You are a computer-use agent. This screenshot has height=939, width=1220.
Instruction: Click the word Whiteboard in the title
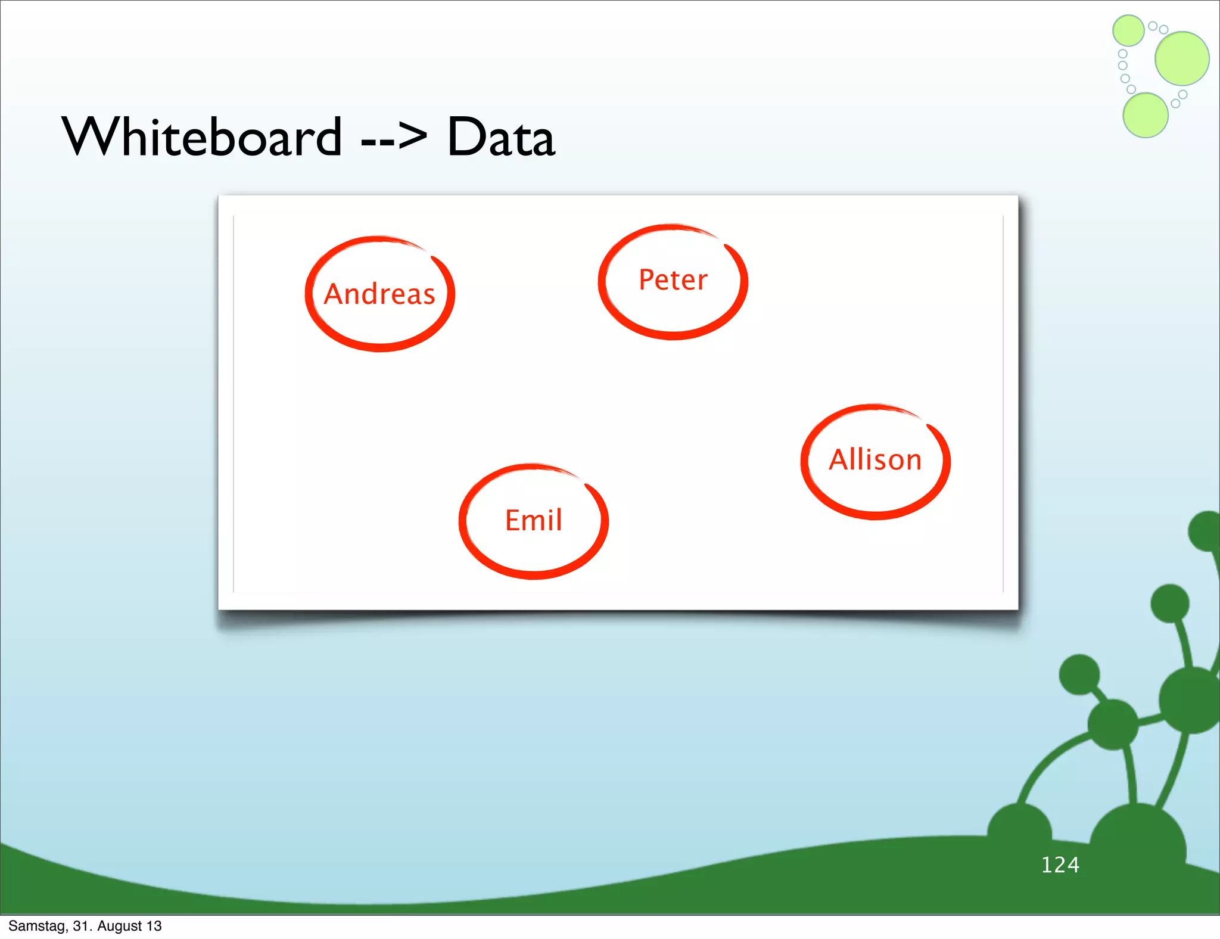click(x=203, y=137)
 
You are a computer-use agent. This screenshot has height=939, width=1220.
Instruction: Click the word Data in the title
click(x=500, y=137)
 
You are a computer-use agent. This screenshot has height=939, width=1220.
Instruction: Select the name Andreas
click(x=379, y=294)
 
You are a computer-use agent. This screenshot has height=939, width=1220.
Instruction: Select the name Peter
click(x=673, y=280)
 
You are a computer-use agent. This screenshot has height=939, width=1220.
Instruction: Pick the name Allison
click(x=875, y=460)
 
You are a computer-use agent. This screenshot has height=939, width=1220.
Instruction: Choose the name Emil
click(x=533, y=520)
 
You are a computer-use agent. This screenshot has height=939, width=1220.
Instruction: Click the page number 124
click(x=1060, y=865)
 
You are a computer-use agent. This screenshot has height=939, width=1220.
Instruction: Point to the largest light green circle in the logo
click(x=1182, y=58)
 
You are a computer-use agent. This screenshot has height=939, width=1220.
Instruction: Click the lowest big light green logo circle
click(x=1145, y=115)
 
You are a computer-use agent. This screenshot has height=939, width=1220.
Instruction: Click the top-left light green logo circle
click(x=1128, y=30)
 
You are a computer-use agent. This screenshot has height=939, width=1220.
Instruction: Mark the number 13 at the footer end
click(x=154, y=926)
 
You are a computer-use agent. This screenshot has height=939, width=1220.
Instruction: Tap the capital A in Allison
click(x=840, y=460)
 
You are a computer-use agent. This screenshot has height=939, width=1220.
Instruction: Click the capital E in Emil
click(x=512, y=520)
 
